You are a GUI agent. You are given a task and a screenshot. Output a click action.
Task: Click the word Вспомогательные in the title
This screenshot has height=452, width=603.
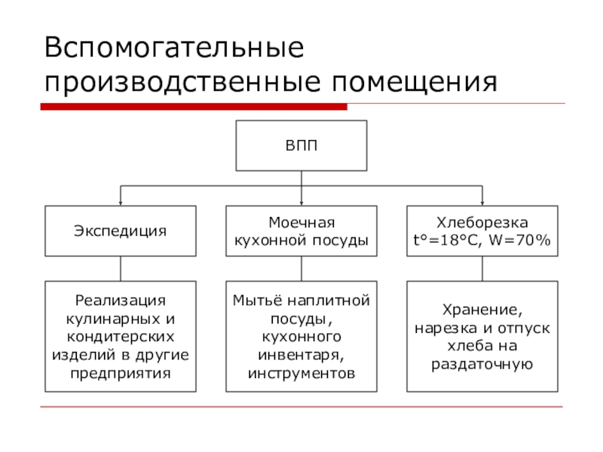[x=174, y=47]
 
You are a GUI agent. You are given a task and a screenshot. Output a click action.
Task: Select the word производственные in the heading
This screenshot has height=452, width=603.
[x=182, y=82]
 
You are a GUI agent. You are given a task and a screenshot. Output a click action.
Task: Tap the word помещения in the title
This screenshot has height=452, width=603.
[x=415, y=82]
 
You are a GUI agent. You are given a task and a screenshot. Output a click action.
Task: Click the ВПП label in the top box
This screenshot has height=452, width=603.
[x=301, y=145]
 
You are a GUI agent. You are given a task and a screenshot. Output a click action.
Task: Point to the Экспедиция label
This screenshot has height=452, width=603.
[x=121, y=231]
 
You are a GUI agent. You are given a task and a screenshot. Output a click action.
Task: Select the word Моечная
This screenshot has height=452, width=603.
[x=301, y=222]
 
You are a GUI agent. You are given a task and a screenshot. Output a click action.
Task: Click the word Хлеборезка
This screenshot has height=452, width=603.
[x=482, y=222]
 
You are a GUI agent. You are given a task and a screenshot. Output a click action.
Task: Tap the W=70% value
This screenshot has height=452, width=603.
[x=519, y=240]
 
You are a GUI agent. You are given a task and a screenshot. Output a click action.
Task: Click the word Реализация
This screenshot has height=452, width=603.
[x=121, y=300]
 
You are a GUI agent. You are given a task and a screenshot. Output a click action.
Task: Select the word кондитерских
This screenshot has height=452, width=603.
[x=121, y=337]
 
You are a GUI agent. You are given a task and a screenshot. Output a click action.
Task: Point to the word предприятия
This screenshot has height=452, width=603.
[x=121, y=373]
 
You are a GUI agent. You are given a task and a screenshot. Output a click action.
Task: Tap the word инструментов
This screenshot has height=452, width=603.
[x=301, y=373]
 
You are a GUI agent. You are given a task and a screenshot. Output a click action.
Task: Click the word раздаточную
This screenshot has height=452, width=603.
[x=482, y=364]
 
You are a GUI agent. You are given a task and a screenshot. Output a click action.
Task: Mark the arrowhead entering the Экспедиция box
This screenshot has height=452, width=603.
[x=121, y=203]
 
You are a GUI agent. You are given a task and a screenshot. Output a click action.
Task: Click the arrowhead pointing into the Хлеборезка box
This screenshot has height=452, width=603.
[x=482, y=203]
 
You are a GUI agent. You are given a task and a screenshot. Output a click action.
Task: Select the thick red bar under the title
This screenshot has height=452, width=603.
[x=194, y=107]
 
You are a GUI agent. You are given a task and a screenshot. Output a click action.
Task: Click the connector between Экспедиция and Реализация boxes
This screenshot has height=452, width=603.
[x=121, y=269]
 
